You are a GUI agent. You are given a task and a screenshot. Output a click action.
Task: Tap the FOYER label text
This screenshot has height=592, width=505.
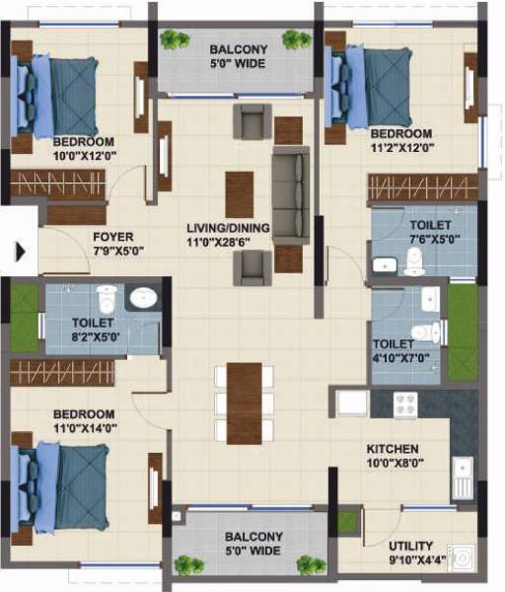click(113, 237)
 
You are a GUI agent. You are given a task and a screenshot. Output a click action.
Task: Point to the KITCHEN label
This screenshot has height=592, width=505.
click(392, 448)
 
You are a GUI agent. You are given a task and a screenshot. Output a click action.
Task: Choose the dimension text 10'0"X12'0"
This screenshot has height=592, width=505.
click(82, 154)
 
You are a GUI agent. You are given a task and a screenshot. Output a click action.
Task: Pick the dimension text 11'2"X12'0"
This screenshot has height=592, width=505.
click(400, 147)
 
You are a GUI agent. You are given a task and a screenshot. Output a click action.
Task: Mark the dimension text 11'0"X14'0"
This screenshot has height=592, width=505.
click(84, 427)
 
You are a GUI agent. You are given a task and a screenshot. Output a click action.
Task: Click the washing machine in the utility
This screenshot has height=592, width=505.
click(461, 559)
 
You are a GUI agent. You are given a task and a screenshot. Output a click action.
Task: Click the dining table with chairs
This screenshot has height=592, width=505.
click(244, 402)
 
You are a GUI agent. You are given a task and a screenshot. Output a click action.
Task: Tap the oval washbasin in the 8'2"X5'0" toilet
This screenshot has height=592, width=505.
click(144, 298)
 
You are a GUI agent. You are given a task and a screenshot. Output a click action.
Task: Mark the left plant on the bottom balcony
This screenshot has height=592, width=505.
click(183, 565)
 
